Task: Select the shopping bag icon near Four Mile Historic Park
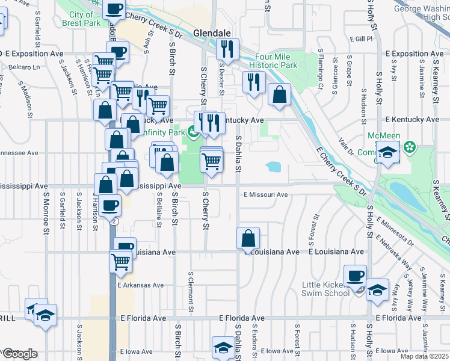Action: pyautogui.click(x=279, y=94)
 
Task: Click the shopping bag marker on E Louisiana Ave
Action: pyautogui.click(x=248, y=238)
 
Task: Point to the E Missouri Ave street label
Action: pyautogui.click(x=266, y=194)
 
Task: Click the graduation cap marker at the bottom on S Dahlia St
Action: pyautogui.click(x=223, y=347)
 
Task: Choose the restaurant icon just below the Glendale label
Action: pyautogui.click(x=227, y=49)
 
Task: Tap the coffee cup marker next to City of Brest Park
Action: pyautogui.click(x=114, y=9)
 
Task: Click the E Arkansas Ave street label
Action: pyautogui.click(x=141, y=285)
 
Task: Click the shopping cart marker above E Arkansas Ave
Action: pyautogui.click(x=120, y=261)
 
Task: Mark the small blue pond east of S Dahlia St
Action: pyautogui.click(x=273, y=165)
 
